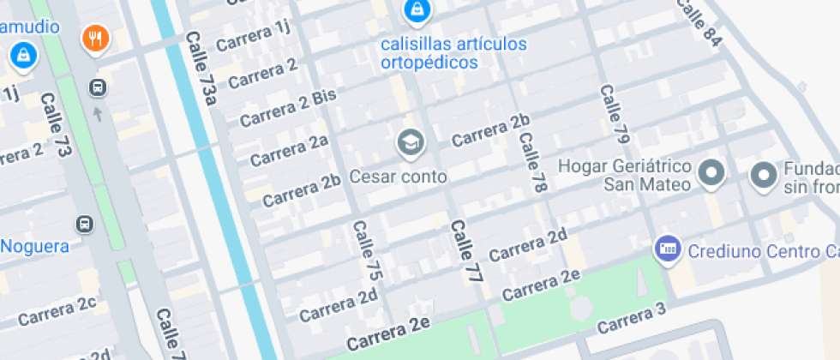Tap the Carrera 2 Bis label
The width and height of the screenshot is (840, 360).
(x=287, y=108)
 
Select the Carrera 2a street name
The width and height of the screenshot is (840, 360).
(x=289, y=149)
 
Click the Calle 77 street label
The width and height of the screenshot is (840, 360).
(x=463, y=251)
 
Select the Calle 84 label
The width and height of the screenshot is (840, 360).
(x=699, y=21)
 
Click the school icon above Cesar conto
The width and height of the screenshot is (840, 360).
(x=411, y=142)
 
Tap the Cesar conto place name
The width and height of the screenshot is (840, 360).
(x=399, y=177)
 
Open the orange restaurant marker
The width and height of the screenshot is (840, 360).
(x=95, y=39)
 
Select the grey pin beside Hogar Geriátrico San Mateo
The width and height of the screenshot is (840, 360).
(x=711, y=174)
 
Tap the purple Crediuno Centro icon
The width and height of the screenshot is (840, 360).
(x=666, y=249)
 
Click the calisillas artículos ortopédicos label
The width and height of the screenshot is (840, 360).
(x=453, y=52)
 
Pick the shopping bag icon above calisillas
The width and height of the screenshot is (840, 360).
(x=416, y=10)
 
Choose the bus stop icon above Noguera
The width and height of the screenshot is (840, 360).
(x=85, y=225)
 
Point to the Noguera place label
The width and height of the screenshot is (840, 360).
(x=34, y=247)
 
